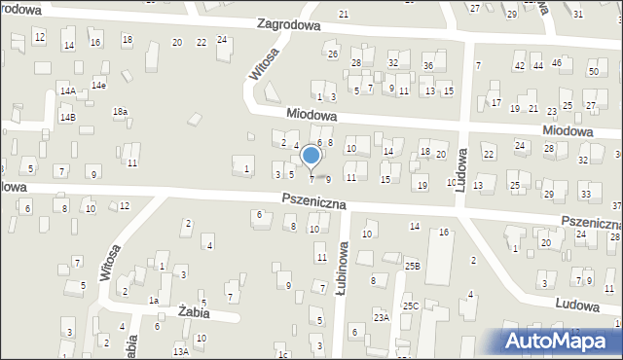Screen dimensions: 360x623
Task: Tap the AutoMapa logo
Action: coord(559,339)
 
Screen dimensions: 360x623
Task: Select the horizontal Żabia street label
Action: coord(196,312)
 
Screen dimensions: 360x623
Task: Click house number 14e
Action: coord(98,86)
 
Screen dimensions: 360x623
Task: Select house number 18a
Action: coord(120,112)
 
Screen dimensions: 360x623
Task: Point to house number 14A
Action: coord(67,90)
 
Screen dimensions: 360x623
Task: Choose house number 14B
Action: coord(67,117)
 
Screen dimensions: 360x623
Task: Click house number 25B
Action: coord(412,266)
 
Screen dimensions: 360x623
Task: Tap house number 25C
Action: coord(411,306)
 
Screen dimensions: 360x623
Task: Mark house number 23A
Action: coord(382,316)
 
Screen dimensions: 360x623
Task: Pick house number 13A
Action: coord(180,351)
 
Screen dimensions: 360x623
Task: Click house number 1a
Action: coord(154,301)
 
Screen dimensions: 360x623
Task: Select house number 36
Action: coord(427,65)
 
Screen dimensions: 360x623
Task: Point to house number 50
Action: coord(593,72)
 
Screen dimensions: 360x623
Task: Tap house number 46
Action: coord(557,63)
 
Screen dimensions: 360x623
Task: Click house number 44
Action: coord(538,65)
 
